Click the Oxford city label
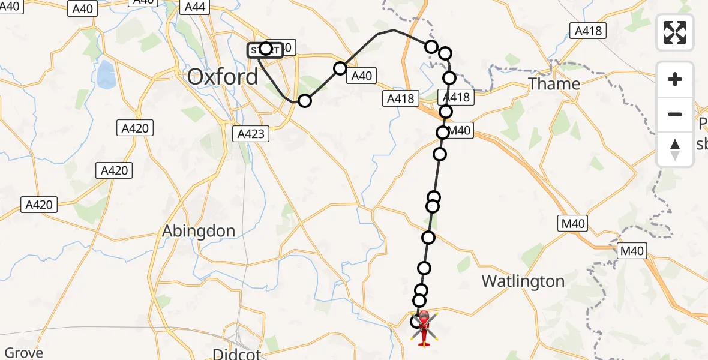pyautogui.click(x=223, y=77)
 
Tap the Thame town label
pyautogui.click(x=554, y=83)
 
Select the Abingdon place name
pyautogui.click(x=199, y=231)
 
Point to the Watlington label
pyautogui.click(x=523, y=281)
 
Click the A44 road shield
pyautogui.click(x=196, y=7)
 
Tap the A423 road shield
pyautogui.click(x=251, y=134)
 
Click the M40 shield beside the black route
pyautogui.click(x=460, y=130)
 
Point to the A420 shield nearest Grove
pyautogui.click(x=39, y=205)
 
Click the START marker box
pyautogui.click(x=265, y=50)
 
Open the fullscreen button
pyautogui.click(x=675, y=32)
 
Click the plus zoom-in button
pyautogui.click(x=675, y=79)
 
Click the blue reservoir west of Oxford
pyautogui.click(x=106, y=74)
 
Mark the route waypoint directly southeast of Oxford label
pyautogui.click(x=304, y=100)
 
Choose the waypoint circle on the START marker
pyautogui.click(x=266, y=48)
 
